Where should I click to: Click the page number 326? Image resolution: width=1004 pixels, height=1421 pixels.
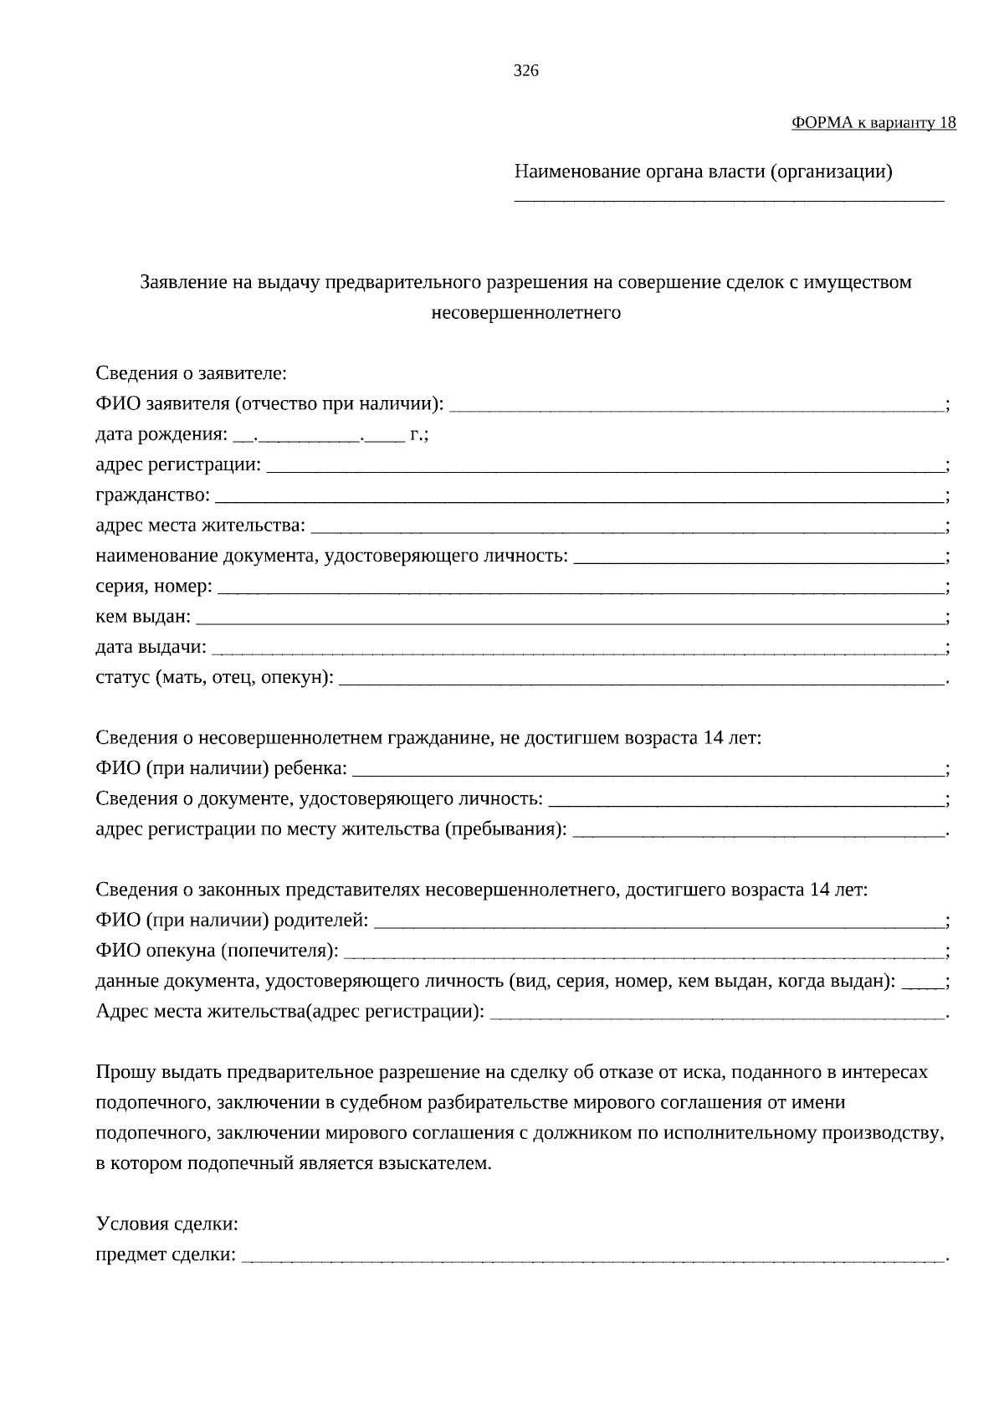pos(525,71)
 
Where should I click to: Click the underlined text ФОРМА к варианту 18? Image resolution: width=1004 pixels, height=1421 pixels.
pos(873,123)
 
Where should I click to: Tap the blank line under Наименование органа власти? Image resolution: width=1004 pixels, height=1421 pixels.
pos(728,198)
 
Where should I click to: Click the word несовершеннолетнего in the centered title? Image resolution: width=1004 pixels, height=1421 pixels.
pos(525,313)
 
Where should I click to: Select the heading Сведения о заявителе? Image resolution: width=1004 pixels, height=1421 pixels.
pos(192,373)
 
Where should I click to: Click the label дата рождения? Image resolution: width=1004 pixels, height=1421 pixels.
pos(161,435)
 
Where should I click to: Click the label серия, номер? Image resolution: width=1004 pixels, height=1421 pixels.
pos(154,587)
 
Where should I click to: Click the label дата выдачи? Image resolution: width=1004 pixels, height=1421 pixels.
pos(151,648)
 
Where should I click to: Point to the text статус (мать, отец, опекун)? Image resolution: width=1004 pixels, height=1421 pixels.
pos(214,678)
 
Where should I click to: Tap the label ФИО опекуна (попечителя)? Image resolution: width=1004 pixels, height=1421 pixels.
pos(218,951)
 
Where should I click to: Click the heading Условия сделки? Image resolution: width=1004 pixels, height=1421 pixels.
pos(167,1224)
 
